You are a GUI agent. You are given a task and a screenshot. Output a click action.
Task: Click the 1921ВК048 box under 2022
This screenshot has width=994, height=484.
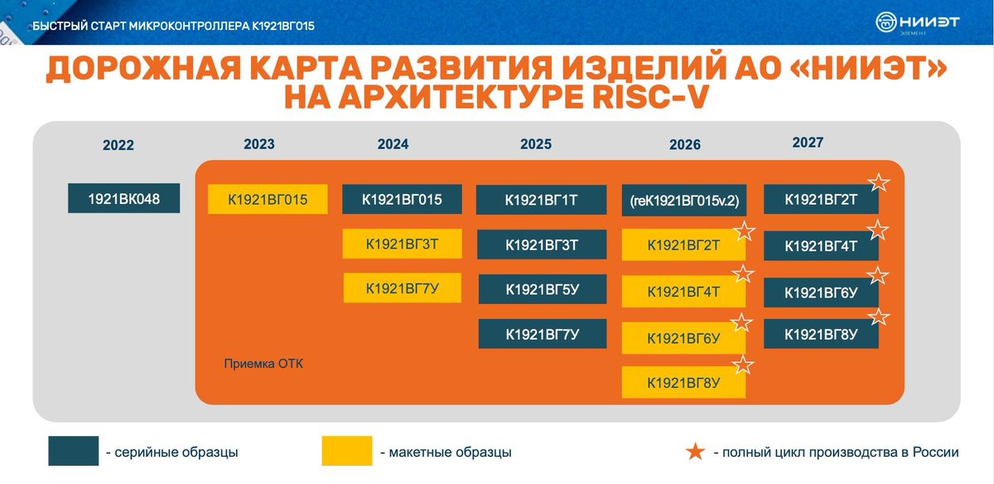[x=123, y=199]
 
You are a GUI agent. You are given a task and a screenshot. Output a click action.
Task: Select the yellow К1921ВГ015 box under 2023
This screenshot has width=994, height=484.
[x=268, y=200]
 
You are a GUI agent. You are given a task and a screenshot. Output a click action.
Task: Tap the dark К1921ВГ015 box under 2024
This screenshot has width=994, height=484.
[x=402, y=200]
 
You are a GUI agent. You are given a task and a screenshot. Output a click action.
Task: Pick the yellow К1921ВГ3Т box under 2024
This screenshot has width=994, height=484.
[x=402, y=244]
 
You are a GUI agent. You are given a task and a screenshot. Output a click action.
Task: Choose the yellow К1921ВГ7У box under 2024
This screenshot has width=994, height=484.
[x=402, y=288]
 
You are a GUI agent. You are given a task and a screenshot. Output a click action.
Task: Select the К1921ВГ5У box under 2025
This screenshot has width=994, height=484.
[x=542, y=288]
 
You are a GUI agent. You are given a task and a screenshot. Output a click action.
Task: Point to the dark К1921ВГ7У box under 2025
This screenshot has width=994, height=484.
[x=542, y=334]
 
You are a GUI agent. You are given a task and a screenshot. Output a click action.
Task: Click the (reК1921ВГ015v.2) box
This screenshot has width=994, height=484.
[x=684, y=201]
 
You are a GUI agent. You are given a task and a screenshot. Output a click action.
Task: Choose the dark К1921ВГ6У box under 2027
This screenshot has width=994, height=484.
[x=821, y=292]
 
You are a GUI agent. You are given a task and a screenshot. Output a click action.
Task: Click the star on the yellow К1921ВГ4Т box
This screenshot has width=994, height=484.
[x=744, y=274]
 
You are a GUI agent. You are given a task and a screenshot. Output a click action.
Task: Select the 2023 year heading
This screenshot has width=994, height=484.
[x=259, y=144]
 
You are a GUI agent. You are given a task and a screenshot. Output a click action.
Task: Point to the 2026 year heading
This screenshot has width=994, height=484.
[x=685, y=145]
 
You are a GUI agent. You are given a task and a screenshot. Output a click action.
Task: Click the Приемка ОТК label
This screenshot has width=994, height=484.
[x=264, y=363]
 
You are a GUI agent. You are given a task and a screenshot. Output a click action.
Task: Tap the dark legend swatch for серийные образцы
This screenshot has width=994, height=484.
[x=73, y=451]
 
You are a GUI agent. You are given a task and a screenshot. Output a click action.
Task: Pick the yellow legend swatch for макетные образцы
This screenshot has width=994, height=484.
[x=346, y=451]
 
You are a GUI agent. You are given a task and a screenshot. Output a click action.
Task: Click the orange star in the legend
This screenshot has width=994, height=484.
[x=697, y=452]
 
